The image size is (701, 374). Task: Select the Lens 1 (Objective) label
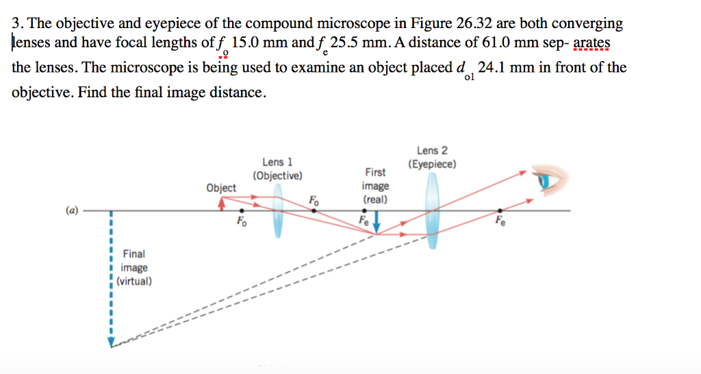point(278,169)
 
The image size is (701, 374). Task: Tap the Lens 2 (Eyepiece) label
point(432,157)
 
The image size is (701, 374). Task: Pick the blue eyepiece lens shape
point(433,210)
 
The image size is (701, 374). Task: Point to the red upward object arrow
point(221,203)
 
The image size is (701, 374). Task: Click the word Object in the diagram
point(221,188)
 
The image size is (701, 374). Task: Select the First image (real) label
point(376,186)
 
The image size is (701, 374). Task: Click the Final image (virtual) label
point(134,268)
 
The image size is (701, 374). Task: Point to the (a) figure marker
point(71,210)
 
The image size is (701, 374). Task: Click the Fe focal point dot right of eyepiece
point(500,210)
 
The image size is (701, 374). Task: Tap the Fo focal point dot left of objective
point(242,210)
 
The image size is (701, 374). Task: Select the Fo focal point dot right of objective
point(314,210)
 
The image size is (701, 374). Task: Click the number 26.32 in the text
point(474,23)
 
